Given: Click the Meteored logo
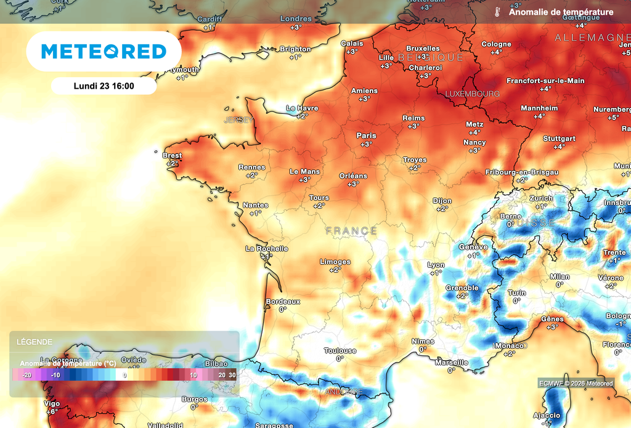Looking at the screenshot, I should coord(104,51).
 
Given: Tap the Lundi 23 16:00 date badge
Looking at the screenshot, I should coord(104,86).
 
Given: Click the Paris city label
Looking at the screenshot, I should coord(366,135).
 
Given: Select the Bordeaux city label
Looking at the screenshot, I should coord(283,302).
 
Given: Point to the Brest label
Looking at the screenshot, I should coord(172,156).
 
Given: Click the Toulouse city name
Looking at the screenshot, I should coord(340,351).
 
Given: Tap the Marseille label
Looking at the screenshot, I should coord(451,363).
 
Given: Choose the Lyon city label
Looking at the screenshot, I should coord(436,265).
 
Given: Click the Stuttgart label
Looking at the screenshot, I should coord(559,139).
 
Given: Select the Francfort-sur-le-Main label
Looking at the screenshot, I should coord(545,81).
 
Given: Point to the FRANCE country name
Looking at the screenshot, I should coord(351,231).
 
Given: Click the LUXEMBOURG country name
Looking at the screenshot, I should coord(472,94).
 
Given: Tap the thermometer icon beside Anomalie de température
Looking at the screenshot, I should coord(497,12).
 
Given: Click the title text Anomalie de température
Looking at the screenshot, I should coord(561,12).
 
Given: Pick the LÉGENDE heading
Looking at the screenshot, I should coord(35,342).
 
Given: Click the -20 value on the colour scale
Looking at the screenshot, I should coord(26,374).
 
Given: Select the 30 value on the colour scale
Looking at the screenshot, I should coord(232,374).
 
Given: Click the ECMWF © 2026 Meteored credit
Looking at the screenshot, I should coord(576,383).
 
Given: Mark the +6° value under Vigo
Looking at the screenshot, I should coord(52,411).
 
